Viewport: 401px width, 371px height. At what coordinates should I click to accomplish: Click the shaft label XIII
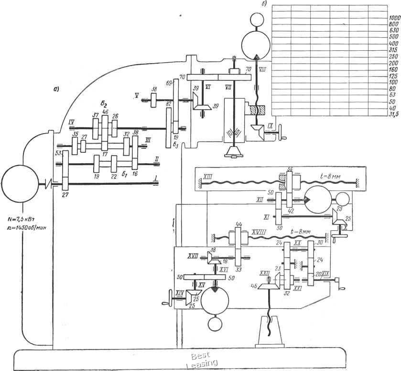[208, 177]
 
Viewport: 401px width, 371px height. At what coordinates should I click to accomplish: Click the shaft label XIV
[180, 292]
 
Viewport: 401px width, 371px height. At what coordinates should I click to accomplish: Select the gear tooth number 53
[59, 153]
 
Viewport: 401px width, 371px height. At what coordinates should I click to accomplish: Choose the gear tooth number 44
[238, 225]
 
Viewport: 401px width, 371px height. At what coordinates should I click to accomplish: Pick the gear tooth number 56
[289, 170]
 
